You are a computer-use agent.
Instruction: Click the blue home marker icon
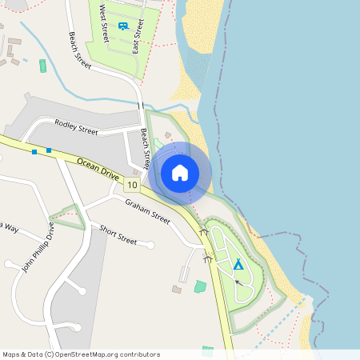(180, 173)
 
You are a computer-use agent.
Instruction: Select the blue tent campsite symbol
(238, 264)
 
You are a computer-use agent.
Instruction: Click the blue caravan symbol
(122, 26)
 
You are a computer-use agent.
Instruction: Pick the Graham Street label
(147, 210)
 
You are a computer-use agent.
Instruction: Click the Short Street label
(118, 234)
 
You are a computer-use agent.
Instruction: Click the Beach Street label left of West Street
(81, 50)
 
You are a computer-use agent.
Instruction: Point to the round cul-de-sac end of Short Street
(150, 243)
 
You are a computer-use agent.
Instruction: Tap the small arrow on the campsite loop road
(238, 282)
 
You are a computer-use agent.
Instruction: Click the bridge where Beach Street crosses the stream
(142, 105)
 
